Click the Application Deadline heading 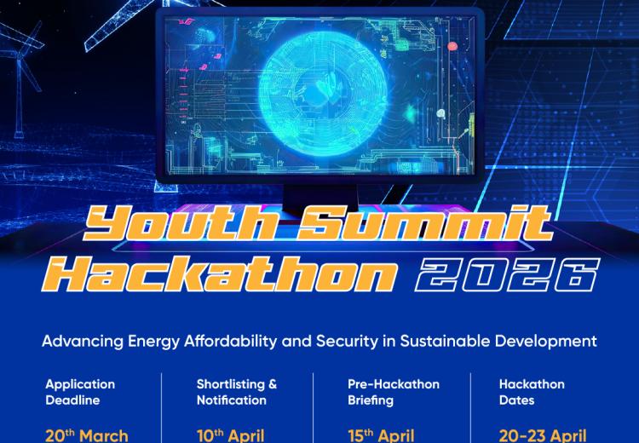(x=80, y=392)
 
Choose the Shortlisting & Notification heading (x=236, y=392)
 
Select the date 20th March (x=87, y=434)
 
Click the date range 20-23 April (x=543, y=434)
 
